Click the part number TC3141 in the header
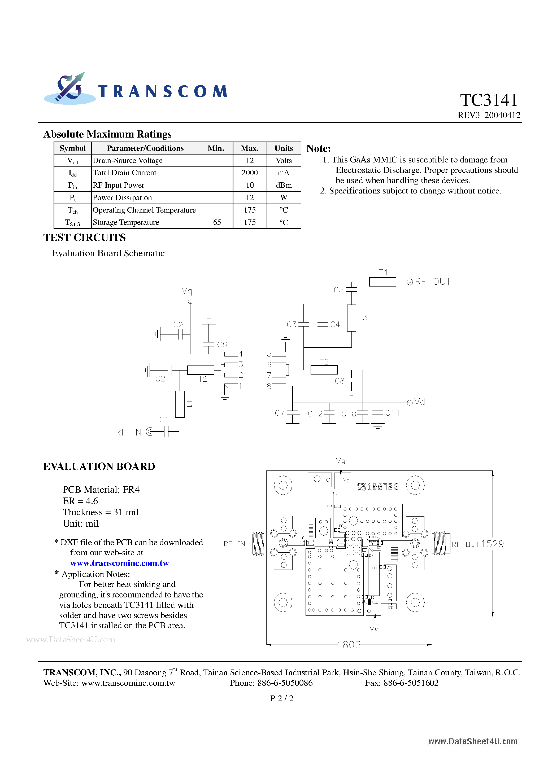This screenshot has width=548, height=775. click(489, 100)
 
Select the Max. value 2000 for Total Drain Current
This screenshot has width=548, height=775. click(249, 173)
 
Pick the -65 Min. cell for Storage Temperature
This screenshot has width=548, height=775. click(216, 222)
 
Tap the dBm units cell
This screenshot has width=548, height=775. click(284, 185)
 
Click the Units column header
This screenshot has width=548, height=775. click(284, 148)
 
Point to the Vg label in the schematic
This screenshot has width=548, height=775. click(187, 291)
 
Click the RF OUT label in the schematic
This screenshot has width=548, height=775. click(432, 281)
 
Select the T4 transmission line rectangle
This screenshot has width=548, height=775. click(382, 282)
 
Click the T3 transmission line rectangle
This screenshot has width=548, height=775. click(351, 318)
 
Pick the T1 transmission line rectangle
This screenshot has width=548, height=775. click(180, 404)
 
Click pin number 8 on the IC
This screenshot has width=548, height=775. click(269, 386)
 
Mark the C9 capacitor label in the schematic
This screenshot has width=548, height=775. click(178, 325)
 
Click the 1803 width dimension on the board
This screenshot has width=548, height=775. click(349, 645)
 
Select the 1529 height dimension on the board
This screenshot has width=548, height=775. click(492, 544)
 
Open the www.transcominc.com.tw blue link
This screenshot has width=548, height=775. click(119, 563)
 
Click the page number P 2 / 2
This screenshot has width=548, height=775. click(282, 698)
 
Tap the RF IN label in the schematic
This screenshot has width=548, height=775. click(128, 432)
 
